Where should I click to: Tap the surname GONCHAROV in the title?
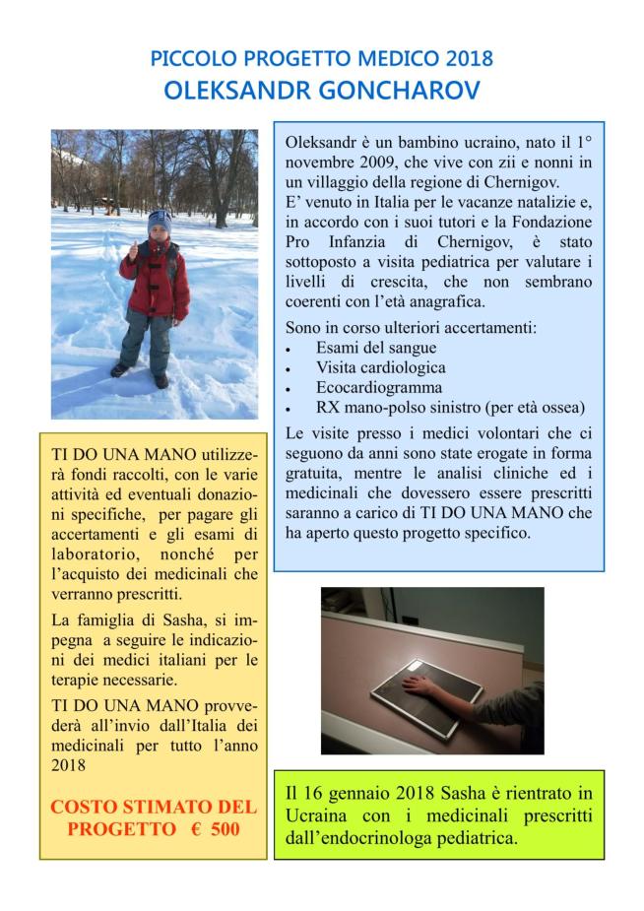coord(399,91)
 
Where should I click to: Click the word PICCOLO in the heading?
coord(191,59)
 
